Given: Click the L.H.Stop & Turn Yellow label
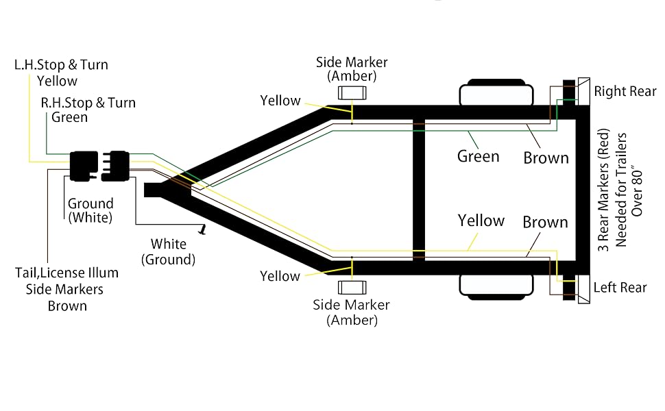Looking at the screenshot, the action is click(61, 73).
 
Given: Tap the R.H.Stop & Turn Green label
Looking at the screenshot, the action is click(88, 110).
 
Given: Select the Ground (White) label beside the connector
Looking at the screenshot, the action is click(90, 210).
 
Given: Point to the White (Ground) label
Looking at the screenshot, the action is click(169, 251).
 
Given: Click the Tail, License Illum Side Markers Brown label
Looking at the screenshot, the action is click(66, 289).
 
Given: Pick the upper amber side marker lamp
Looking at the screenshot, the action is click(352, 92).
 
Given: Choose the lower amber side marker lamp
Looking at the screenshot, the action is click(352, 288).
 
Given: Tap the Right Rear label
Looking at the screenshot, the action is click(625, 91).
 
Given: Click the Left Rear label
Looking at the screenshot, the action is click(620, 287).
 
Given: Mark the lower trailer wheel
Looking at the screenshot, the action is click(496, 287).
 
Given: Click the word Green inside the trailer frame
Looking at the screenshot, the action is click(478, 156).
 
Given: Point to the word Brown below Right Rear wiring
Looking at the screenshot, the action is click(546, 158).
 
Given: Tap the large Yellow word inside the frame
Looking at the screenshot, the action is click(481, 221).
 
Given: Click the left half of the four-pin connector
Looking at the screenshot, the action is click(84, 166).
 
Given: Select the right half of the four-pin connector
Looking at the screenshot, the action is click(116, 166).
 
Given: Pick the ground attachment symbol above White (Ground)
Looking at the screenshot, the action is click(203, 229).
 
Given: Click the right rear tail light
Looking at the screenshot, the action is click(576, 92).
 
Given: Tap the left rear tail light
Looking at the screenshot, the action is click(576, 288).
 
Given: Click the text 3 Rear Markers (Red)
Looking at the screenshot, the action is click(603, 189).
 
